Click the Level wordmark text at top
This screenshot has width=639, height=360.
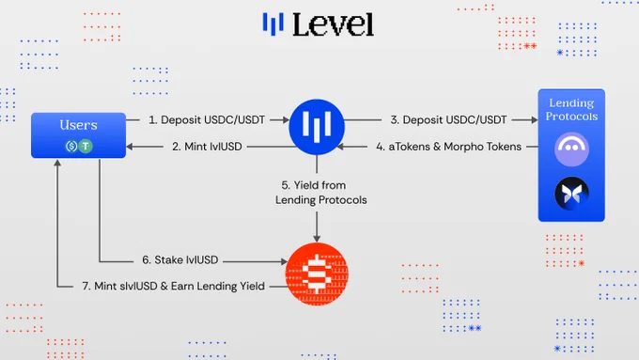click(x=333, y=24)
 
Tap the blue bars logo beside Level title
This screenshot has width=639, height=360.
click(x=273, y=23)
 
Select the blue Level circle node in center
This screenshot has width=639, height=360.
click(x=317, y=127)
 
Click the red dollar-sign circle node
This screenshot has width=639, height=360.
click(x=317, y=274)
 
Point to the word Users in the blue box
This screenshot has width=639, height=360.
click(x=78, y=125)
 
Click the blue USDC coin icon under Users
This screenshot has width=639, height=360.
click(x=71, y=146)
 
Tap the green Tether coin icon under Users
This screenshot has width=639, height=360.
click(x=86, y=146)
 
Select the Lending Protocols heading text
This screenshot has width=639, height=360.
click(x=571, y=109)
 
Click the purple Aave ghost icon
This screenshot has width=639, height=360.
click(x=571, y=149)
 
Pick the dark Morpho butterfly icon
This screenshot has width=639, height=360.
click(x=571, y=194)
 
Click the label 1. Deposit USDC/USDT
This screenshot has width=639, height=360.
click(x=207, y=120)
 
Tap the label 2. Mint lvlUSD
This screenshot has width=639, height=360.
click(x=207, y=147)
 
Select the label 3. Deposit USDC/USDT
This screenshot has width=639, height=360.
click(x=448, y=120)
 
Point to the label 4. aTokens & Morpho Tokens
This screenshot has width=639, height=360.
click(x=448, y=147)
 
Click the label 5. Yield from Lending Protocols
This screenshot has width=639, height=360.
click(x=320, y=193)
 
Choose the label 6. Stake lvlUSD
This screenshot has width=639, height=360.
click(x=179, y=259)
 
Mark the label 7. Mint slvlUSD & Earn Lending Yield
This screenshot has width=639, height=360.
click(x=173, y=286)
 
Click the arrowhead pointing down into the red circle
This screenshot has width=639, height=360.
click(x=317, y=238)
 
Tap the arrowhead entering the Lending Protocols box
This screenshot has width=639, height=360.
click(x=534, y=120)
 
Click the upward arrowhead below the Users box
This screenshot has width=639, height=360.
click(x=57, y=163)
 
